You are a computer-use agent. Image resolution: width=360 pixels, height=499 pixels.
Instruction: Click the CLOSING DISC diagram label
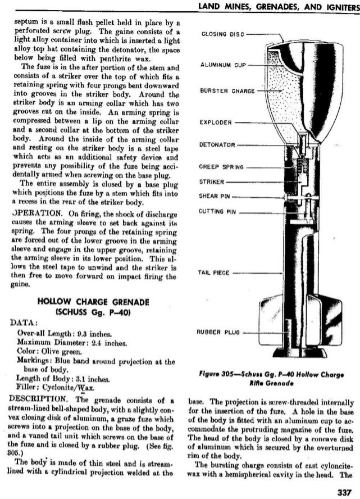coord(224,35)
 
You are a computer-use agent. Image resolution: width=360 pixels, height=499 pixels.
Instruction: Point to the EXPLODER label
coord(216,122)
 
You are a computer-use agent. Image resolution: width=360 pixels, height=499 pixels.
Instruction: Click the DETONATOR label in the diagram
coord(217,144)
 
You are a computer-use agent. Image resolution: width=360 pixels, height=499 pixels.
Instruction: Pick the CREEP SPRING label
coord(222,167)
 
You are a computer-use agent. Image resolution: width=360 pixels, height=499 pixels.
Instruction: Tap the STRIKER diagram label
coord(212,182)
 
